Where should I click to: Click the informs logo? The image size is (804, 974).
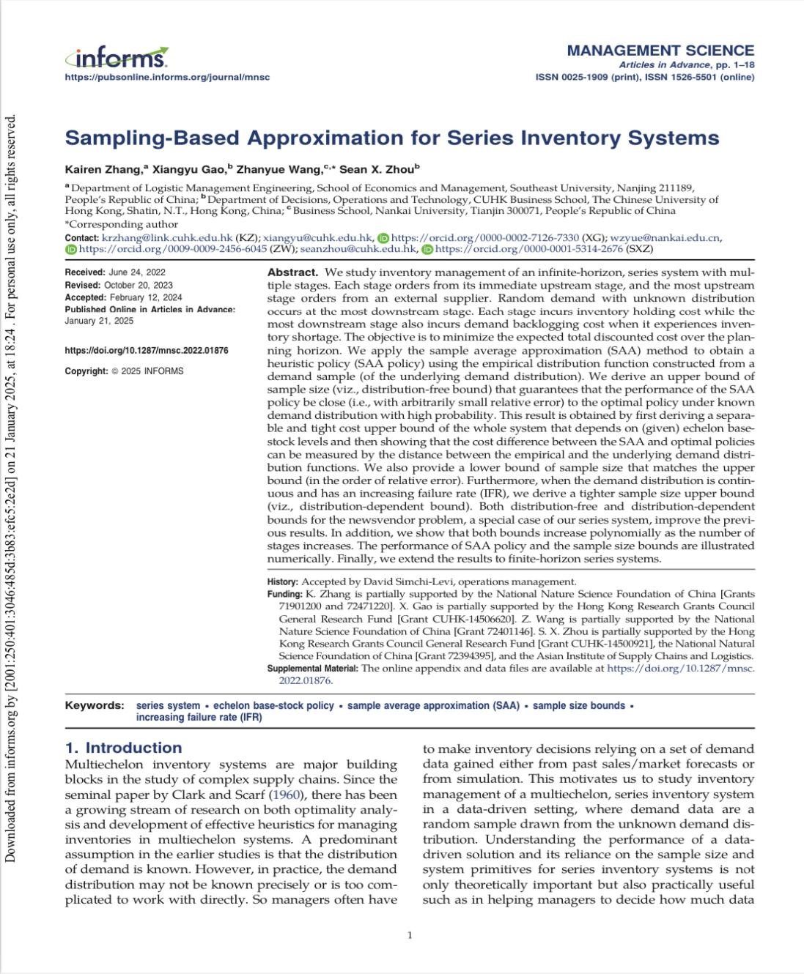(117, 56)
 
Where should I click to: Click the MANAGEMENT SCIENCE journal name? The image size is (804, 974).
(660, 51)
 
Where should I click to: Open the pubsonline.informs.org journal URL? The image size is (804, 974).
(167, 77)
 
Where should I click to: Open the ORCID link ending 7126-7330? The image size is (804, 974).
(484, 237)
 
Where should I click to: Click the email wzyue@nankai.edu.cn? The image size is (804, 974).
(665, 237)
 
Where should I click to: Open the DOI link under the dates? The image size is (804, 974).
(147, 351)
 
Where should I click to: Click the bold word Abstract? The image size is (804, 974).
(292, 272)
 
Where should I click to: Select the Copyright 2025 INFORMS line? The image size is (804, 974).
(124, 371)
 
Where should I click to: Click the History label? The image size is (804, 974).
(282, 581)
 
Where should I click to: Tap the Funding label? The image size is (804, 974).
(284, 594)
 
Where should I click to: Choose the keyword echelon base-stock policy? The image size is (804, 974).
(273, 705)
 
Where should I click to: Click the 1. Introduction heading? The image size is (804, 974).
(123, 748)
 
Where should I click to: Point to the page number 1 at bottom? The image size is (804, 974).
(410, 934)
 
